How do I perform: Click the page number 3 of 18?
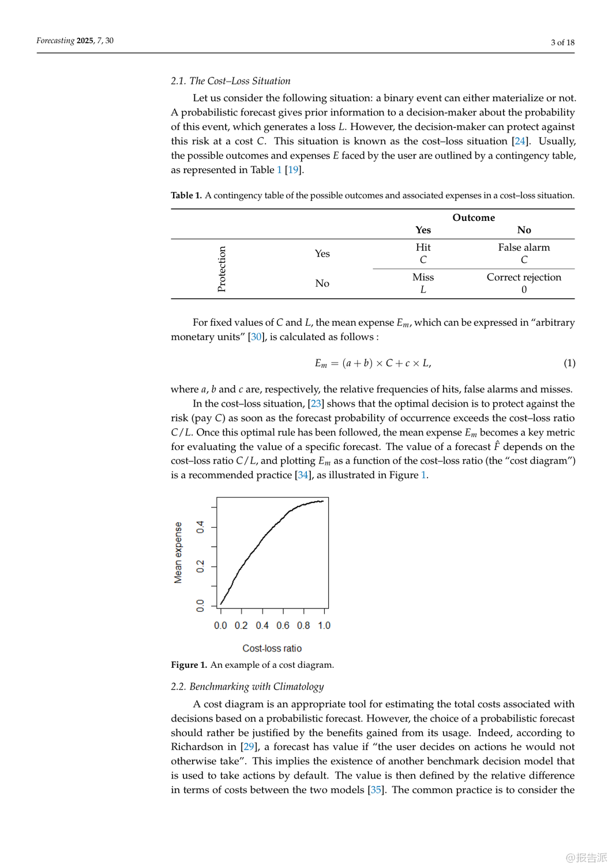click(562, 42)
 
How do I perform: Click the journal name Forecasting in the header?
click(55, 40)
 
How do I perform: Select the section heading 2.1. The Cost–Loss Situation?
click(231, 81)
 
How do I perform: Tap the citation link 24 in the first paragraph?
click(520, 141)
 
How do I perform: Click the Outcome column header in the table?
click(474, 217)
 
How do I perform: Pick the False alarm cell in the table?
click(524, 247)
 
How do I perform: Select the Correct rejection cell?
click(524, 277)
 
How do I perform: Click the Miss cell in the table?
click(423, 277)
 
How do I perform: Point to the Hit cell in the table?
click(423, 247)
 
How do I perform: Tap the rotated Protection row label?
click(221, 269)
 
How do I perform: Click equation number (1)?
click(569, 363)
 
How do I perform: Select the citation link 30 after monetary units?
click(256, 337)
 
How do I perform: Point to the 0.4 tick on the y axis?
click(200, 527)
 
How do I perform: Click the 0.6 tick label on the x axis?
click(283, 626)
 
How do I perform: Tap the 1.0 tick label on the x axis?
click(324, 626)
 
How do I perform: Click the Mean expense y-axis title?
click(178, 552)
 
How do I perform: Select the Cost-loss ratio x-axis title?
click(272, 649)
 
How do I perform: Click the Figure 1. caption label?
click(189, 665)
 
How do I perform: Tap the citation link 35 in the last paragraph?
click(376, 789)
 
